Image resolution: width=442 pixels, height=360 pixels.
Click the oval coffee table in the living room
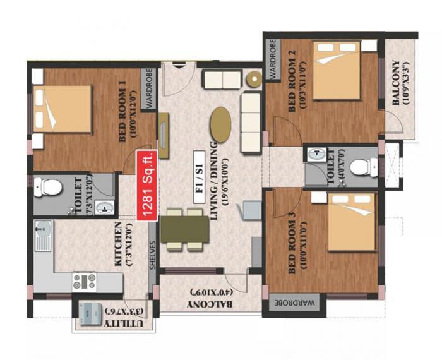click(220, 124)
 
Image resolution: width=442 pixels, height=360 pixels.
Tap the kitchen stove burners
click(85, 280)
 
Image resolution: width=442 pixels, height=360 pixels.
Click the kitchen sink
click(42, 236)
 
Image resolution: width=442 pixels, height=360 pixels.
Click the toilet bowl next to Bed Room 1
click(48, 187)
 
